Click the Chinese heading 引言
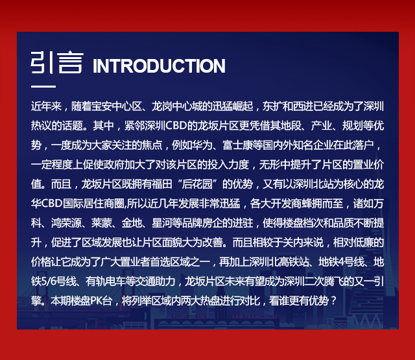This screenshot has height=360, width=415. (57, 62)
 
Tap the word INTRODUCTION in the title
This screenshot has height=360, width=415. (159, 66)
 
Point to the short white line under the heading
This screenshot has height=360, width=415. (43, 86)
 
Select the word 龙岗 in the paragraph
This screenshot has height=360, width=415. (161, 106)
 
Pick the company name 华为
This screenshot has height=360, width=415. (202, 145)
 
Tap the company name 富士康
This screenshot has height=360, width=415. (237, 145)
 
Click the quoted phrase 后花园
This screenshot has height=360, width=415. (197, 184)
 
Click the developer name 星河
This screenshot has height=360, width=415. (161, 223)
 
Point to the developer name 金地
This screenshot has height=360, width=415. (132, 223)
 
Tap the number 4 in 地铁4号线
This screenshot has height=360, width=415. (341, 262)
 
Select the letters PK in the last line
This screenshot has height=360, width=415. (95, 301)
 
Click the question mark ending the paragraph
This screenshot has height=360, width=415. (333, 301)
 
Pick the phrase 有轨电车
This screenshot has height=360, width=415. (105, 282)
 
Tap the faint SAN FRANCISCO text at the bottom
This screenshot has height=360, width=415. (254, 317)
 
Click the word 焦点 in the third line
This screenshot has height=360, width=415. (152, 145)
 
